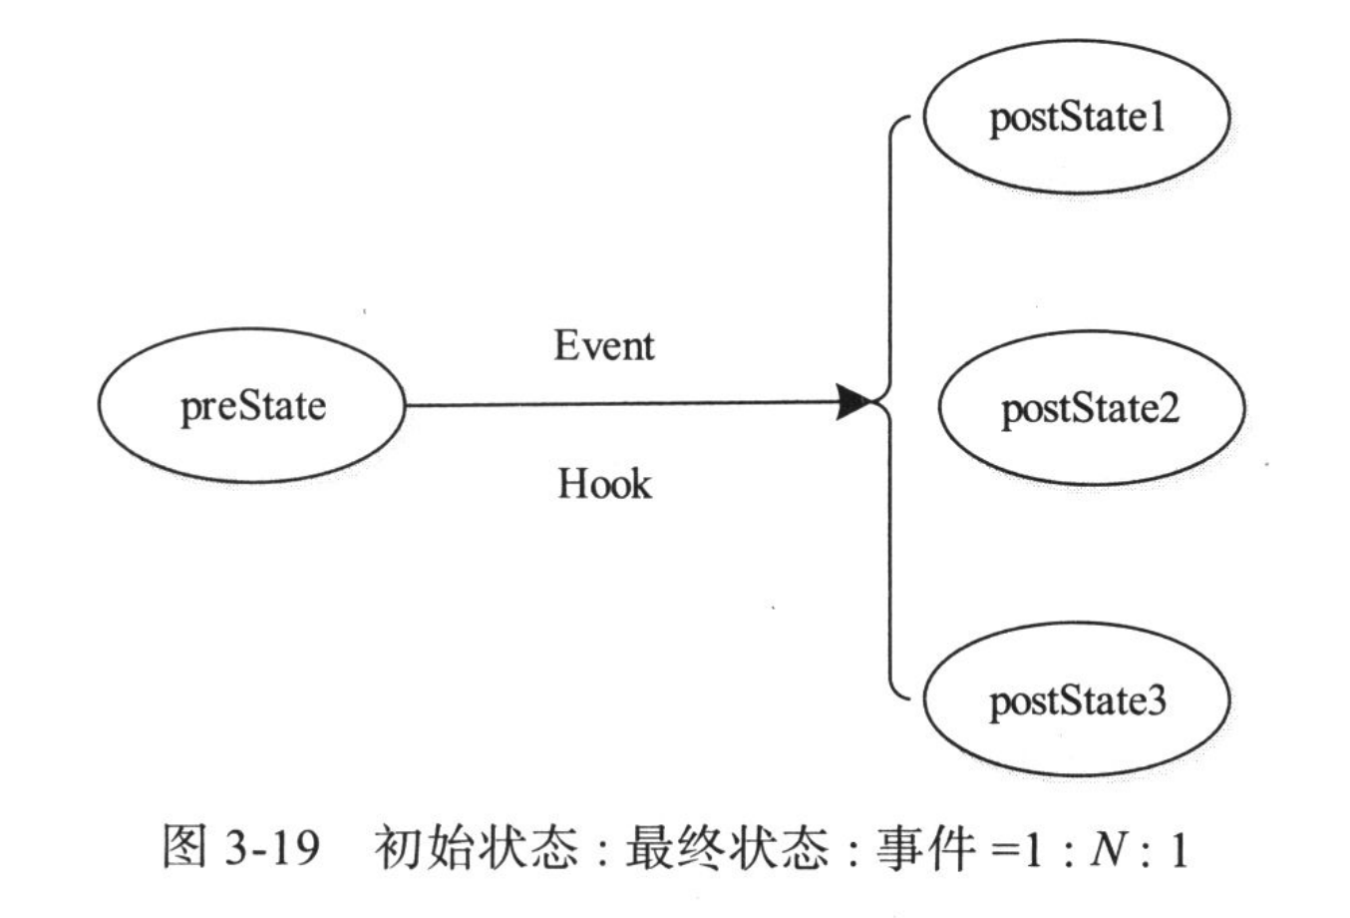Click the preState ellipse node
251,406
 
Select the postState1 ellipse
1076,118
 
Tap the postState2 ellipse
1091,408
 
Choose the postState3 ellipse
1076,700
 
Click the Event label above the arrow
604,346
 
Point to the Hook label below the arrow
604,484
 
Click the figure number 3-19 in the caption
271,851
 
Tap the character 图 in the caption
185,851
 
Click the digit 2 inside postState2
1170,408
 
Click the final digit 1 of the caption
1180,851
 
